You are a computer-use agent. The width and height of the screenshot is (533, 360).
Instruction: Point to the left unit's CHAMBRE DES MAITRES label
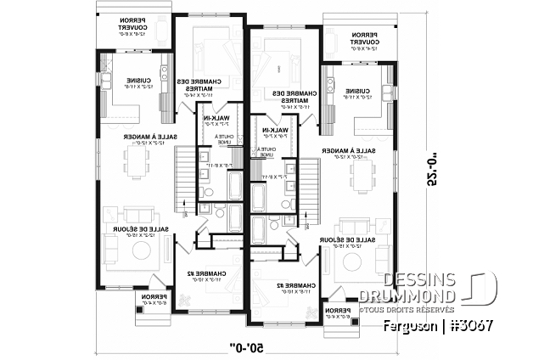[201, 86]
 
